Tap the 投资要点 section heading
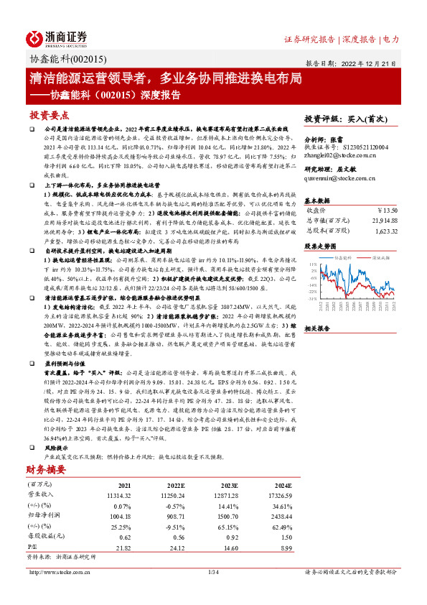click(48, 115)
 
